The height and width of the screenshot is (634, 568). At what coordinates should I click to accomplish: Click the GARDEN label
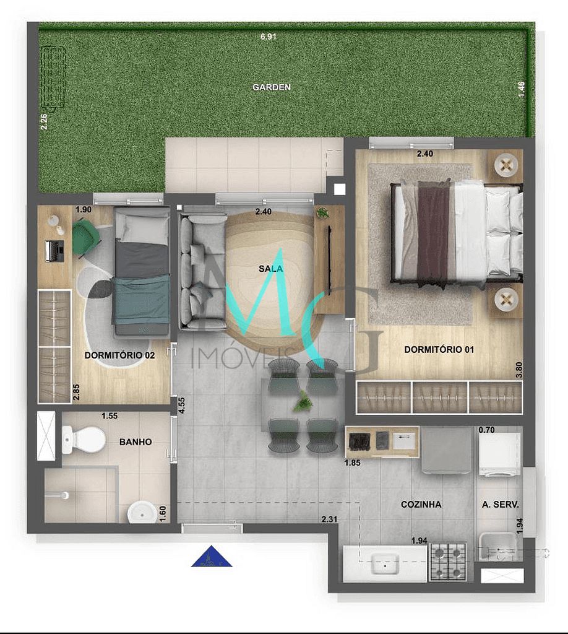[x=271, y=87]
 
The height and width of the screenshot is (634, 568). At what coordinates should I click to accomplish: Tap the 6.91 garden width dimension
[x=268, y=37]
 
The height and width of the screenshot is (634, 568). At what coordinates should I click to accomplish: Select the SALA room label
[x=271, y=269]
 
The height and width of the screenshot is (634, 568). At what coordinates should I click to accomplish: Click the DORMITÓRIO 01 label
[x=439, y=350]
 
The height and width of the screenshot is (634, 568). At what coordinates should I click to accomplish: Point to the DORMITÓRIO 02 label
[x=119, y=356]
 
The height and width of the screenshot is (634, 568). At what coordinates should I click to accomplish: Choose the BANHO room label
[x=135, y=442]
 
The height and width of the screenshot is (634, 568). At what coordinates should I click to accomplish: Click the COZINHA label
[x=421, y=505]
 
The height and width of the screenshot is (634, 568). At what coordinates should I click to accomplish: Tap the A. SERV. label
[x=500, y=505]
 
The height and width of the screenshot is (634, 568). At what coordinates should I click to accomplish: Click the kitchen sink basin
[x=385, y=565]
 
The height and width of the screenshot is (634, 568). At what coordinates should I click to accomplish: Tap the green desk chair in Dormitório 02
[x=85, y=237]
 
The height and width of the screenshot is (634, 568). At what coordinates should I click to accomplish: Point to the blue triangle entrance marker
[x=212, y=557]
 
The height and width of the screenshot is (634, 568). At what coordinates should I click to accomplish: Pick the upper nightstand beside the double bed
[x=507, y=165]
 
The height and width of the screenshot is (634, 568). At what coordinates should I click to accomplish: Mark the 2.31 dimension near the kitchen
[x=330, y=520]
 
